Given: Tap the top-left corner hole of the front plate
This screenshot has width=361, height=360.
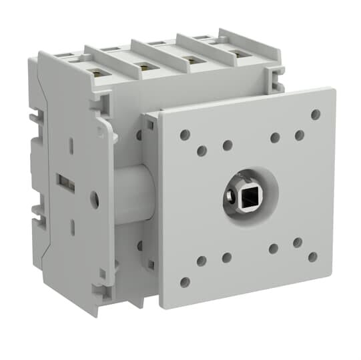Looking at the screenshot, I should coord(185,135).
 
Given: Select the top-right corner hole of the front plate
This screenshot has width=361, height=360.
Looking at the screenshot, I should coord(316,114).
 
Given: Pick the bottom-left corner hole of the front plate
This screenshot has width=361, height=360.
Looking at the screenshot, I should coord(185,282).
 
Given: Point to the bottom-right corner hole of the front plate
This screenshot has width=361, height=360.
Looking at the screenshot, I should coord(312,257).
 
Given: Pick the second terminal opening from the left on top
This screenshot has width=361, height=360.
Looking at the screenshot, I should coord(143,65).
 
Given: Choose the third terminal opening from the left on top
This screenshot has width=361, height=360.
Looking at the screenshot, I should coord(192,59).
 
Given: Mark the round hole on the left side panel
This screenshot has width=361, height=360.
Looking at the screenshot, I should coord(94,198).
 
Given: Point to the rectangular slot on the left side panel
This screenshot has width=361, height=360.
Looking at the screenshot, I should coord(65,181).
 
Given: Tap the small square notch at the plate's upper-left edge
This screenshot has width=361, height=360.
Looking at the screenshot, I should coord(149,123).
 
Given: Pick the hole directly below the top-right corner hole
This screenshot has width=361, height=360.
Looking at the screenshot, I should coord(300,135).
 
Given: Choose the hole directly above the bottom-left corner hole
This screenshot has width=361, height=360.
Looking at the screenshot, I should coord(201,261).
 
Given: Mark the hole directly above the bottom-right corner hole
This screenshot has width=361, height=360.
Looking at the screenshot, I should coord(298,243).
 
